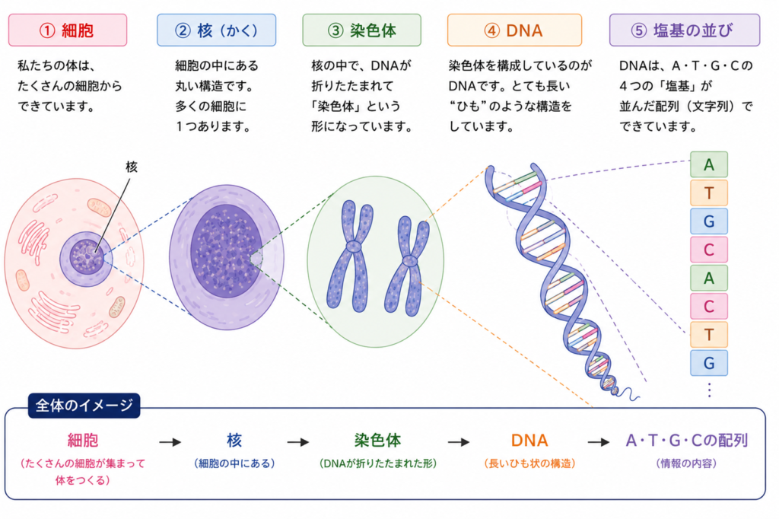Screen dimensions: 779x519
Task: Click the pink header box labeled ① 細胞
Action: [x=68, y=30]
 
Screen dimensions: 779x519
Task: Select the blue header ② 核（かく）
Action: [x=217, y=30]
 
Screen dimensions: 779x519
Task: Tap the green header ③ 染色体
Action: [x=361, y=30]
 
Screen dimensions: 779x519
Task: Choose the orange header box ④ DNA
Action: [x=514, y=30]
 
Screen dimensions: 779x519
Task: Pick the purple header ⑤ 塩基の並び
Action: [x=685, y=30]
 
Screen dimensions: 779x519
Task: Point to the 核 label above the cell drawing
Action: [x=132, y=167]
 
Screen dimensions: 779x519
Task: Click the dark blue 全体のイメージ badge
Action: [x=84, y=406]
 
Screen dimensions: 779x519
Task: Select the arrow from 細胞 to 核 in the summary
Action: [x=170, y=442]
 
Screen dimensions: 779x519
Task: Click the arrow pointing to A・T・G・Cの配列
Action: [x=599, y=442]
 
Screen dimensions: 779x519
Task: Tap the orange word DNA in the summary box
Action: [x=529, y=441]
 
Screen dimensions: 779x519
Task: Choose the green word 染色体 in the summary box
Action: [x=377, y=441]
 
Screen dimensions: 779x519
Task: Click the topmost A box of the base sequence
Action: [x=709, y=164]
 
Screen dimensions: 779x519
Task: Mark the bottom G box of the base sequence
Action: [x=709, y=363]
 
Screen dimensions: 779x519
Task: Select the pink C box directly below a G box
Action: [x=709, y=250]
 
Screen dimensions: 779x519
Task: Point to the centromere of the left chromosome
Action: [x=353, y=247]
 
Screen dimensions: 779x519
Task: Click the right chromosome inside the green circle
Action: [x=408, y=265]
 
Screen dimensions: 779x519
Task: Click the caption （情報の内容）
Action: [x=686, y=463]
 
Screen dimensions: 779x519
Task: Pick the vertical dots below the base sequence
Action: [x=710, y=390]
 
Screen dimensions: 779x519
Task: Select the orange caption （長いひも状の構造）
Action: [x=529, y=463]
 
